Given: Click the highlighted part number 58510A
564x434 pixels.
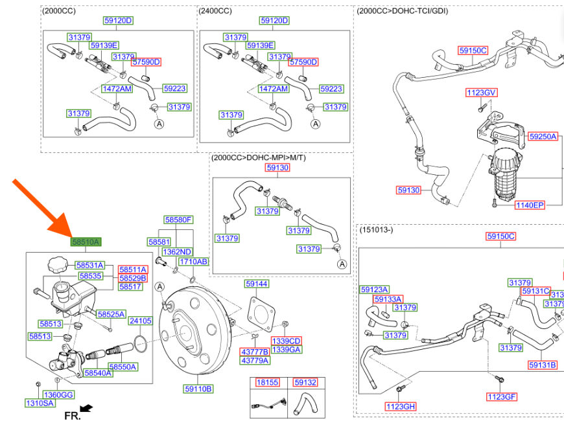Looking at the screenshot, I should [x=86, y=242].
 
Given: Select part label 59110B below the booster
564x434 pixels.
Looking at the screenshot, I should [x=198, y=389].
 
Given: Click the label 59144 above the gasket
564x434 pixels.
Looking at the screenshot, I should [x=257, y=284].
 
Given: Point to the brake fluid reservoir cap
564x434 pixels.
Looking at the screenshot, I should [x=56, y=265].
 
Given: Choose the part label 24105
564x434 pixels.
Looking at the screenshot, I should [x=140, y=321].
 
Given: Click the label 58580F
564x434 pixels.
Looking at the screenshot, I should [x=178, y=220].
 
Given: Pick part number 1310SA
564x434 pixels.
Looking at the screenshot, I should [x=40, y=403].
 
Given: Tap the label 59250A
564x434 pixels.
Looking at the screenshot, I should [x=543, y=137].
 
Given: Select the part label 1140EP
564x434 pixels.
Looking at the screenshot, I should [x=530, y=205].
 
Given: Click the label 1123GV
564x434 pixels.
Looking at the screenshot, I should [x=480, y=93].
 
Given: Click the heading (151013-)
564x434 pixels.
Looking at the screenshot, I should [x=377, y=229].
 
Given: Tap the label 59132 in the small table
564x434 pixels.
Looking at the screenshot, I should [x=305, y=382].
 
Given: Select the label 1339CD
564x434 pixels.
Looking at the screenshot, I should [x=286, y=341].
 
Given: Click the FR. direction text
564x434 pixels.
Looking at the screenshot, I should [x=72, y=415].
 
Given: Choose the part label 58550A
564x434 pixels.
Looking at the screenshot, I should [x=123, y=367].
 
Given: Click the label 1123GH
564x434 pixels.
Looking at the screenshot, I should [x=400, y=406].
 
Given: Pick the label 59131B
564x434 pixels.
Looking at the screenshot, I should [x=542, y=365].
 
